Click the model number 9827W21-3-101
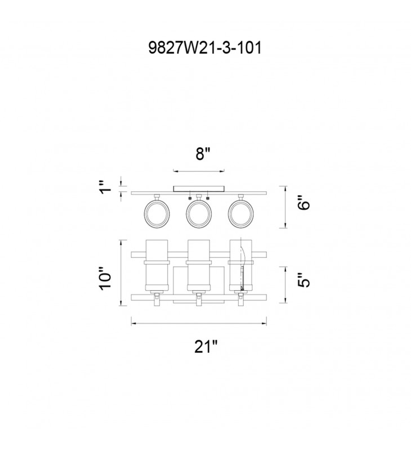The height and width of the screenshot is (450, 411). point(205,48)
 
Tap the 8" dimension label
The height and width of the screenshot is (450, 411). point(203,154)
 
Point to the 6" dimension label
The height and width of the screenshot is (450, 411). point(304,203)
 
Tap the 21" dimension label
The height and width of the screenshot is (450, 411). point(206,346)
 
